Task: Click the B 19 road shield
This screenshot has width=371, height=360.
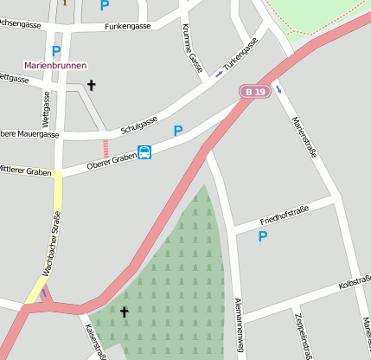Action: [x=253, y=92]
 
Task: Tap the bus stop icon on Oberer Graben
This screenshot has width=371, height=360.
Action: [x=145, y=153]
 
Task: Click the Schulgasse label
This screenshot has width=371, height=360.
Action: [x=138, y=121]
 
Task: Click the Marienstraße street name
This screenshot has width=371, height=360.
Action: [x=304, y=138]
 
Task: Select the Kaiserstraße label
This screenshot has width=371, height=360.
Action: [x=95, y=342]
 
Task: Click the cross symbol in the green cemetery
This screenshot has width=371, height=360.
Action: [x=124, y=312]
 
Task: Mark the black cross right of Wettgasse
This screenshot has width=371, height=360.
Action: [x=91, y=85]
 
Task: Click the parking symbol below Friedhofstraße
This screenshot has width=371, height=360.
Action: [x=263, y=235]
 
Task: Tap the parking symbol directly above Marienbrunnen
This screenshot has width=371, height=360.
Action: [x=56, y=50]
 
